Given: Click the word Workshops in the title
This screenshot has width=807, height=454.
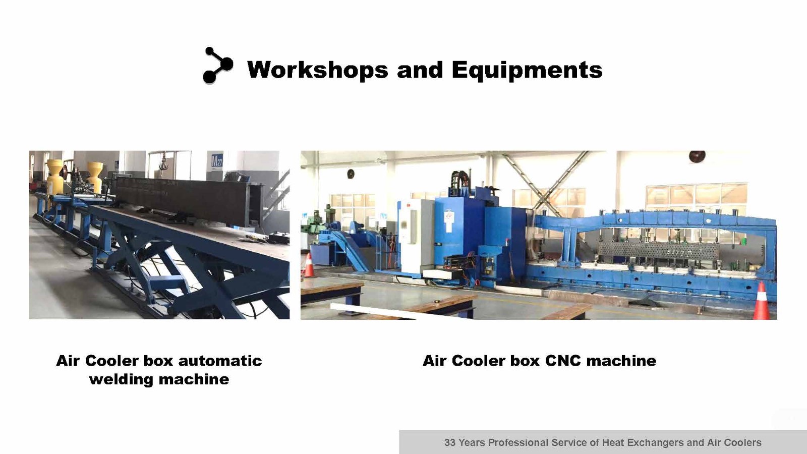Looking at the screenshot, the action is (x=317, y=70).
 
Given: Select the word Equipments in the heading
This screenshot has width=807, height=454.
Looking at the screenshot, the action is (x=527, y=70).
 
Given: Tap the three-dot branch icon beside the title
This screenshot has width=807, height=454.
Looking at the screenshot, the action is (x=217, y=65).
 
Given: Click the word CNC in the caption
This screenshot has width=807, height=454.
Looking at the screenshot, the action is (x=563, y=361).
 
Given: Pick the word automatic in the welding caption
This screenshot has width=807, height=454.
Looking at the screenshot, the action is (x=220, y=361).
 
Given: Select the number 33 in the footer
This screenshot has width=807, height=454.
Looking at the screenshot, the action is (x=449, y=442).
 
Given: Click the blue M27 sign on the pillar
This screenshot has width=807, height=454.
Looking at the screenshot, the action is (x=217, y=160).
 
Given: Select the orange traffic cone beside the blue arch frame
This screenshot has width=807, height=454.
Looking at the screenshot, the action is (x=761, y=301).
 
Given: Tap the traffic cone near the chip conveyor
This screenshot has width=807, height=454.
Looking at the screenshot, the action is (x=309, y=265).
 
